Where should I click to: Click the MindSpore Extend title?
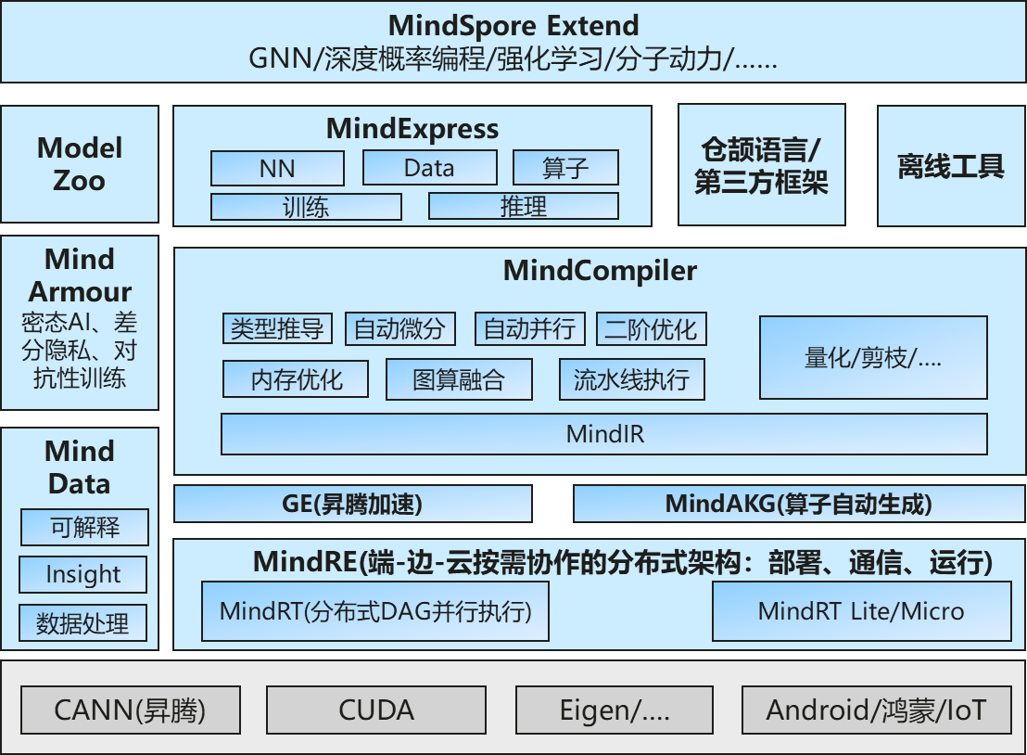513,25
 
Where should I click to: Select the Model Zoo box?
80,164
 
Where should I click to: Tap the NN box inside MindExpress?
277,169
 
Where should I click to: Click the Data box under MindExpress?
430,168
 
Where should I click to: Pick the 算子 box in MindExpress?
565,168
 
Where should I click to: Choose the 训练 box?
306,207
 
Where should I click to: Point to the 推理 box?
524,206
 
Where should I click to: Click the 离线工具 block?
950,166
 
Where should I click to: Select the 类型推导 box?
277,329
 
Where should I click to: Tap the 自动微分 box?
400,329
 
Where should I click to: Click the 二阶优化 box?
651,329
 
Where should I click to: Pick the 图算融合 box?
459,379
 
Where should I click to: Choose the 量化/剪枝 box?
873,358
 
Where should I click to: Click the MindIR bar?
603,434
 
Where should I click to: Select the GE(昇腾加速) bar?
353,504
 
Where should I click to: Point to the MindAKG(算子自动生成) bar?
799,504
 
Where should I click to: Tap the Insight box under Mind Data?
83,575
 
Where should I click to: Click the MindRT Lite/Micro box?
861,611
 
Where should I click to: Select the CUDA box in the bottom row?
375,710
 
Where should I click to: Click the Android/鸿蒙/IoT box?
876,710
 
